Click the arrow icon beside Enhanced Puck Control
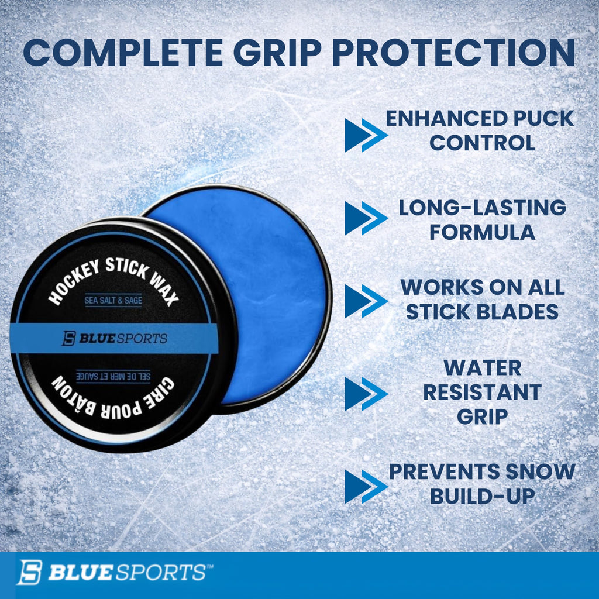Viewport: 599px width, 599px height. (365, 135)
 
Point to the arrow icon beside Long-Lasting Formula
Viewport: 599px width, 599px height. (365, 218)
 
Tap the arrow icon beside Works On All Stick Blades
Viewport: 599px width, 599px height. (365, 301)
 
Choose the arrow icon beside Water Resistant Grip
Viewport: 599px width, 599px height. (365, 393)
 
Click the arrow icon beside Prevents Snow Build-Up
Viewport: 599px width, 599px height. (365, 486)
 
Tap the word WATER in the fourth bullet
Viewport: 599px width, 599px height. (482, 368)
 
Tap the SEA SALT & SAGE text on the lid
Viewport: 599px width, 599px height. (113, 301)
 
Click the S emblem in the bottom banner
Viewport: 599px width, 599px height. (29, 572)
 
